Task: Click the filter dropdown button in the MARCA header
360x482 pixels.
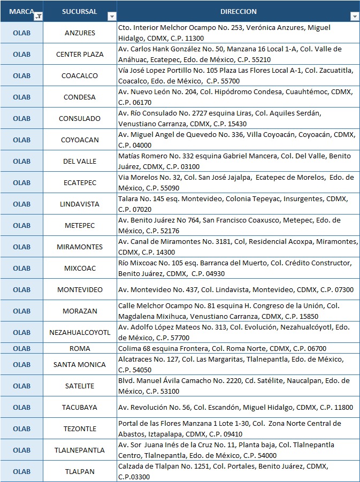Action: (38, 17)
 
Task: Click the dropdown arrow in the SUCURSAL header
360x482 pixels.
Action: (111, 17)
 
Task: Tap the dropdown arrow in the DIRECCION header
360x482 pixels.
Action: (354, 17)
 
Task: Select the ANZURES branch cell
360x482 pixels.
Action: (80, 33)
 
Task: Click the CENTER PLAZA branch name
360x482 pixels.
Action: (80, 54)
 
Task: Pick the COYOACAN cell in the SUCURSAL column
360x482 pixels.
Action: (80, 140)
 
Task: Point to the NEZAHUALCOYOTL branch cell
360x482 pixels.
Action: (80, 332)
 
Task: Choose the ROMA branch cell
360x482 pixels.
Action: (80, 348)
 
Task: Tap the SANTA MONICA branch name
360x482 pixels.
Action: (80, 364)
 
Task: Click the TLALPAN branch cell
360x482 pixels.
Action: (80, 471)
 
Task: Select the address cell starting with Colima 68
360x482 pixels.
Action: (222, 348)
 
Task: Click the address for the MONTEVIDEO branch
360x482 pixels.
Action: (235, 289)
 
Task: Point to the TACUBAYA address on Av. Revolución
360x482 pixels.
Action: (235, 407)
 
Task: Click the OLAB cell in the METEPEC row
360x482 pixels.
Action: (21, 225)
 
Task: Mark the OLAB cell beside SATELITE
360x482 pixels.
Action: (21, 386)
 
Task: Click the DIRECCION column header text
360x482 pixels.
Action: (238, 11)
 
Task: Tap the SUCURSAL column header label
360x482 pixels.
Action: (79, 11)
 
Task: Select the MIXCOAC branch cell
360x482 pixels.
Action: (80, 268)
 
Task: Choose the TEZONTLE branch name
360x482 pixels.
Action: (80, 429)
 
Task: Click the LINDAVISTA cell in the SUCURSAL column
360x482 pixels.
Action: (80, 204)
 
